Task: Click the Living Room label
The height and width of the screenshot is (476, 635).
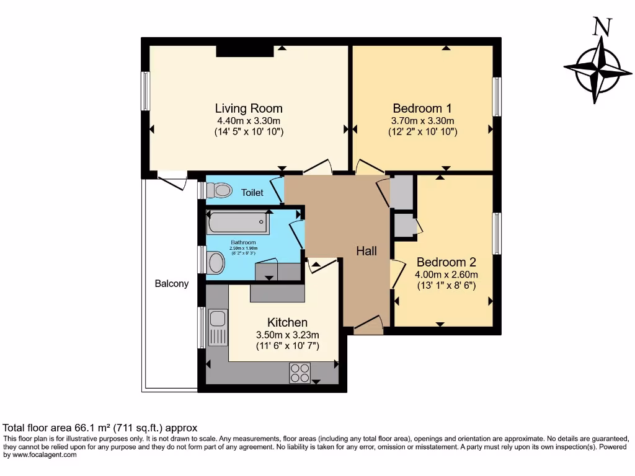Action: coord(249,108)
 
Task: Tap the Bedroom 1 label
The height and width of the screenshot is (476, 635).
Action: coord(422,108)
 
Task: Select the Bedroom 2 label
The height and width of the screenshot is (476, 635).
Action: coord(446,262)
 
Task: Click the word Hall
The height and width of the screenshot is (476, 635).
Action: coord(366,251)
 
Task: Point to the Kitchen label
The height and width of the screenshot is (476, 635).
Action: coord(287,322)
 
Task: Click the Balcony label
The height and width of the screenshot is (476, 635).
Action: coord(171,284)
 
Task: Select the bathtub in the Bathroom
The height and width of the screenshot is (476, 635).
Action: coord(238,223)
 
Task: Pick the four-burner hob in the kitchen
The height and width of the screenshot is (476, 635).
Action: coord(300,373)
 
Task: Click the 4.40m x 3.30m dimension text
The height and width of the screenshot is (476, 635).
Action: coord(249,121)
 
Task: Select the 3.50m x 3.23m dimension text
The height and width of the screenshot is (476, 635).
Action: coord(287,335)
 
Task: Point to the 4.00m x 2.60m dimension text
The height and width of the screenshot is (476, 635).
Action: coord(446,275)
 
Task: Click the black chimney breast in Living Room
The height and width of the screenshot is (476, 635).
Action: coord(244,51)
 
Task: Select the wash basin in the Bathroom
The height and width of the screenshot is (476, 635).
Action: coord(216,262)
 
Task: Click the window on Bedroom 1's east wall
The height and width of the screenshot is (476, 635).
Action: coord(497,97)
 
